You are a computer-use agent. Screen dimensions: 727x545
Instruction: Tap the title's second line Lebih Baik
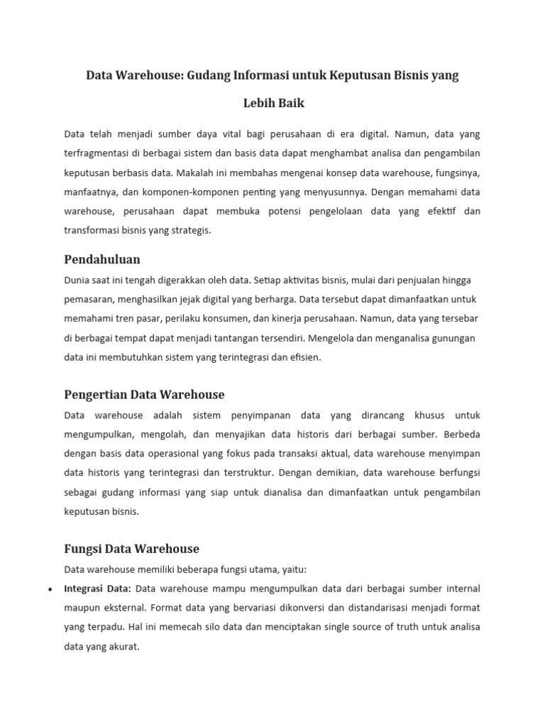[273, 103]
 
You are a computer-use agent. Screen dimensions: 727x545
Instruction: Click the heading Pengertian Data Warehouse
[144, 394]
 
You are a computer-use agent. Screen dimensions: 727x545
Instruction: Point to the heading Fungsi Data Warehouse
[131, 549]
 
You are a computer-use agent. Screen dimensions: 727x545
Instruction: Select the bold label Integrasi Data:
[98, 589]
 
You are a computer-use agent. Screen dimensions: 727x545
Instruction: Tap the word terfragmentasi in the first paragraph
[97, 153]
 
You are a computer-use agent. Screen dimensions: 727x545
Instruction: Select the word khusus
[424, 415]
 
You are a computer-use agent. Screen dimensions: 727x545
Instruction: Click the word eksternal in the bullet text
[121, 608]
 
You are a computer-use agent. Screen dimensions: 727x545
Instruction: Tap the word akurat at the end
[123, 647]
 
